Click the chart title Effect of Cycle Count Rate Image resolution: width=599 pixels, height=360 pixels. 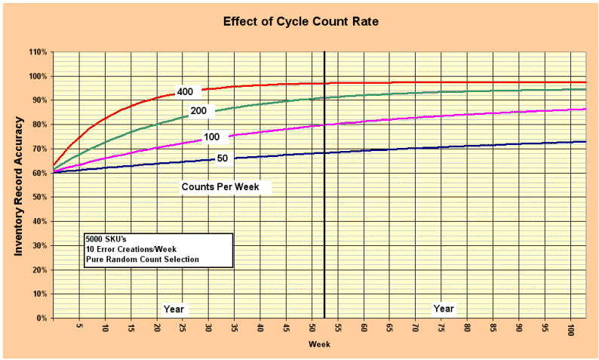pyautogui.click(x=300, y=21)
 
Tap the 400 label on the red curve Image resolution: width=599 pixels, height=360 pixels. pyautogui.click(x=185, y=92)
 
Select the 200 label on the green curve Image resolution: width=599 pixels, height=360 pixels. pyautogui.click(x=198, y=111)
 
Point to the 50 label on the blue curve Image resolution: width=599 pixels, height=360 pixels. pyautogui.click(x=223, y=158)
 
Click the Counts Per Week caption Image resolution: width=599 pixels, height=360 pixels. pyautogui.click(x=225, y=186)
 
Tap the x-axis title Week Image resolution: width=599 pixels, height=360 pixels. pyautogui.click(x=318, y=344)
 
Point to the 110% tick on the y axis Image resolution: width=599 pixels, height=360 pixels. pyautogui.click(x=38, y=52)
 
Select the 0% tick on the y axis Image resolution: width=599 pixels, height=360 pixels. pyautogui.click(x=41, y=318)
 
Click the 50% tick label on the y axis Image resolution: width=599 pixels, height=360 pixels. pyautogui.click(x=39, y=197)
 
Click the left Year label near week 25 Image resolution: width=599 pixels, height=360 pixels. pyautogui.click(x=174, y=309)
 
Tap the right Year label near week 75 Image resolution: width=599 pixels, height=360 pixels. pyautogui.click(x=444, y=309)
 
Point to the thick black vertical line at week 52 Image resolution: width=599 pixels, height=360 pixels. pyautogui.click(x=324, y=226)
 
